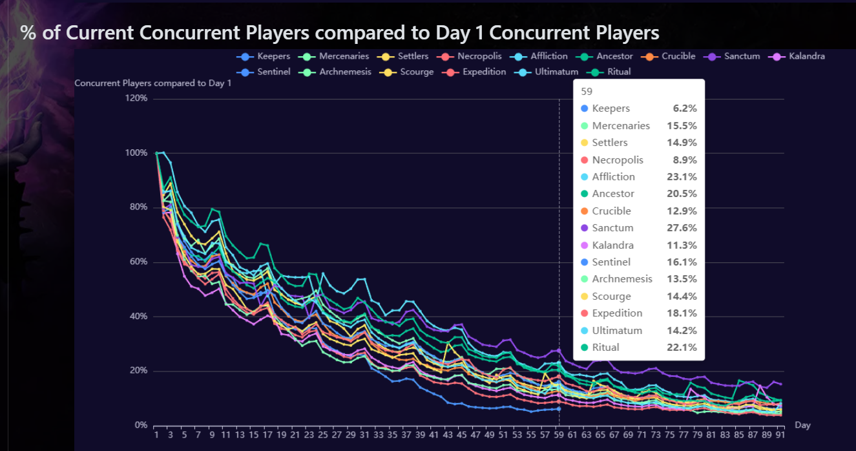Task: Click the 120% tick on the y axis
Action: (x=137, y=98)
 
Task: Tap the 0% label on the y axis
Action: (x=141, y=425)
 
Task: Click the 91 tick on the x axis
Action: (x=780, y=435)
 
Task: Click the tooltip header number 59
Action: (x=587, y=92)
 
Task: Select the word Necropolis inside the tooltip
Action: (x=617, y=160)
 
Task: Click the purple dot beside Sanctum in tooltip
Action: (x=585, y=227)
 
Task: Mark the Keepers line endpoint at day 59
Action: (x=559, y=408)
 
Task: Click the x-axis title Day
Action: (x=802, y=425)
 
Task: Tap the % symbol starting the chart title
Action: (x=28, y=33)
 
